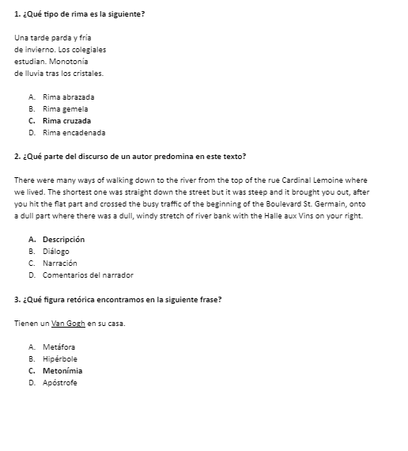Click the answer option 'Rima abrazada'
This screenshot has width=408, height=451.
click(x=69, y=97)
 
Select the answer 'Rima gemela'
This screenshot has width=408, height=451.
click(x=66, y=108)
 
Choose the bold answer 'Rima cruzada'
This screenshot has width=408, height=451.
click(x=66, y=121)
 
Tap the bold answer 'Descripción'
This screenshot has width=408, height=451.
click(x=63, y=239)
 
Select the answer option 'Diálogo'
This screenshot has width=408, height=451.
click(x=56, y=251)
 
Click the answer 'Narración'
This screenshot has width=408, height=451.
click(x=60, y=263)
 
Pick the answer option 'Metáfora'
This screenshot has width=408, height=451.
click(x=59, y=347)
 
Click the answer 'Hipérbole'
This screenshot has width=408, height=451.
click(x=60, y=358)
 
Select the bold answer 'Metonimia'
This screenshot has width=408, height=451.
click(x=62, y=370)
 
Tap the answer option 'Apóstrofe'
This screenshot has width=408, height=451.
click(x=60, y=383)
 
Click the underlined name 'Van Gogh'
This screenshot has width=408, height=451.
click(x=68, y=323)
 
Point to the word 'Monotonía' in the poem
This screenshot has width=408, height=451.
click(x=70, y=61)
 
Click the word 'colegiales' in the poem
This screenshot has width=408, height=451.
click(x=89, y=49)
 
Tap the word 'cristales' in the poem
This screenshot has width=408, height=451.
click(x=85, y=73)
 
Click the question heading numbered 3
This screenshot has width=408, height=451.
click(x=117, y=299)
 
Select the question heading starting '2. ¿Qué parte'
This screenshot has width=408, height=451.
click(x=130, y=156)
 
